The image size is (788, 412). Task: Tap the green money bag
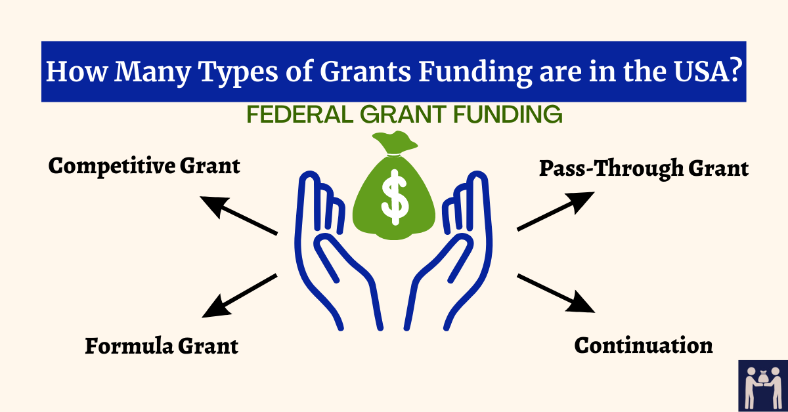click(x=395, y=197)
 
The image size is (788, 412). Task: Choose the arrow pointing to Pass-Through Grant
click(x=556, y=211)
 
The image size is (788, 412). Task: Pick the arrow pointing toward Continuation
click(x=556, y=293)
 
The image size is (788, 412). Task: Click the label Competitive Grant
click(x=144, y=166)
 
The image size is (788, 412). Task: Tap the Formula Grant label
click(x=162, y=346)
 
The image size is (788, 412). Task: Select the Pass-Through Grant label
click(x=644, y=169)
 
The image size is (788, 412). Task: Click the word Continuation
click(x=644, y=345)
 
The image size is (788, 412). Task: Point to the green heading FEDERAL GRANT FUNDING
click(x=404, y=115)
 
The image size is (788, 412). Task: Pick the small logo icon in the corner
click(x=762, y=385)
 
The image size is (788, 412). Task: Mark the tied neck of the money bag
click(x=395, y=155)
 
